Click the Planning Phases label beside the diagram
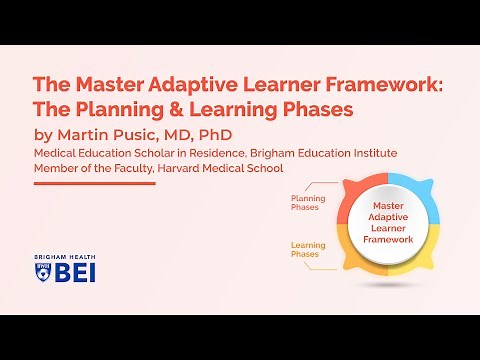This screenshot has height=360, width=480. pos(307,203)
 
